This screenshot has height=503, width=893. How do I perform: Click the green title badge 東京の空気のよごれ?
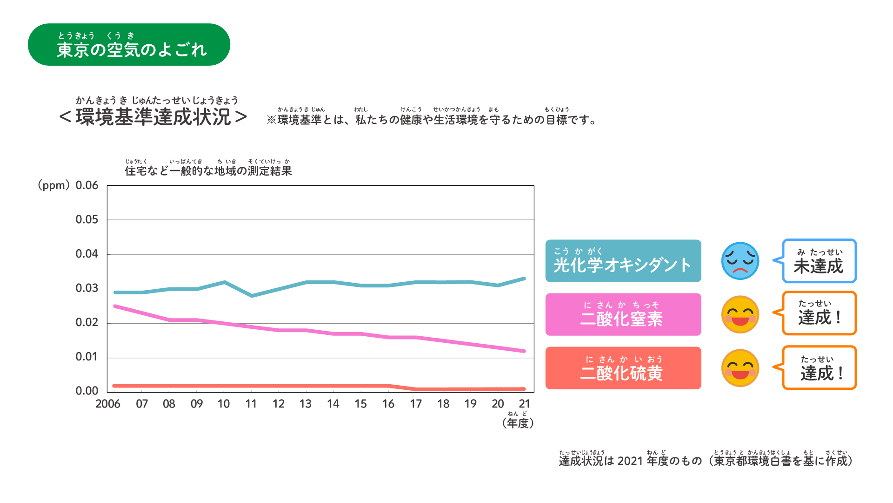click(x=129, y=45)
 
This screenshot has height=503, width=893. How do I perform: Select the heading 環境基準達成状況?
click(x=153, y=117)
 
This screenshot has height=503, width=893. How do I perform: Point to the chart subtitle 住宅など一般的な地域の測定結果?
click(x=208, y=171)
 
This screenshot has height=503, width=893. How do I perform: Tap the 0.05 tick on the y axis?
click(x=87, y=219)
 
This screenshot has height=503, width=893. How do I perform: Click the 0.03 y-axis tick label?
click(x=87, y=288)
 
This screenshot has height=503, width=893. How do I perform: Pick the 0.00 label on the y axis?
click(x=87, y=391)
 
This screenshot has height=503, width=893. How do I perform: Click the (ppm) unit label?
click(x=53, y=185)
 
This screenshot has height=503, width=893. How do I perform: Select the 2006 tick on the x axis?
click(x=108, y=404)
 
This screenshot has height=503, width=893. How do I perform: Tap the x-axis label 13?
click(x=305, y=404)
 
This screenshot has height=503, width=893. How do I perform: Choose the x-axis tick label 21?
click(x=525, y=404)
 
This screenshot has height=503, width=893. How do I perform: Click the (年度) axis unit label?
click(x=518, y=423)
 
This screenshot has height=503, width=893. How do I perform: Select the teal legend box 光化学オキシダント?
click(x=623, y=261)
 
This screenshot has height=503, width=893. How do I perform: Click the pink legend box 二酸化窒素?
click(x=623, y=314)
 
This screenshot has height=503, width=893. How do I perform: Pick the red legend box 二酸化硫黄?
click(x=623, y=368)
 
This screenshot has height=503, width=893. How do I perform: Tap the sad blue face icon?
click(x=740, y=261)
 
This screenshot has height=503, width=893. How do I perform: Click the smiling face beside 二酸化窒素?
click(x=740, y=314)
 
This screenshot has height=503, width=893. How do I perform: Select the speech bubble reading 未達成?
click(x=819, y=261)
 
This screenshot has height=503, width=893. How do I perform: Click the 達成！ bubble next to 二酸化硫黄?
click(x=819, y=368)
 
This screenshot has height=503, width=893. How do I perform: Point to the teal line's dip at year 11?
click(x=252, y=296)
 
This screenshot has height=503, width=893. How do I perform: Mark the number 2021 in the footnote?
click(x=630, y=461)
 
